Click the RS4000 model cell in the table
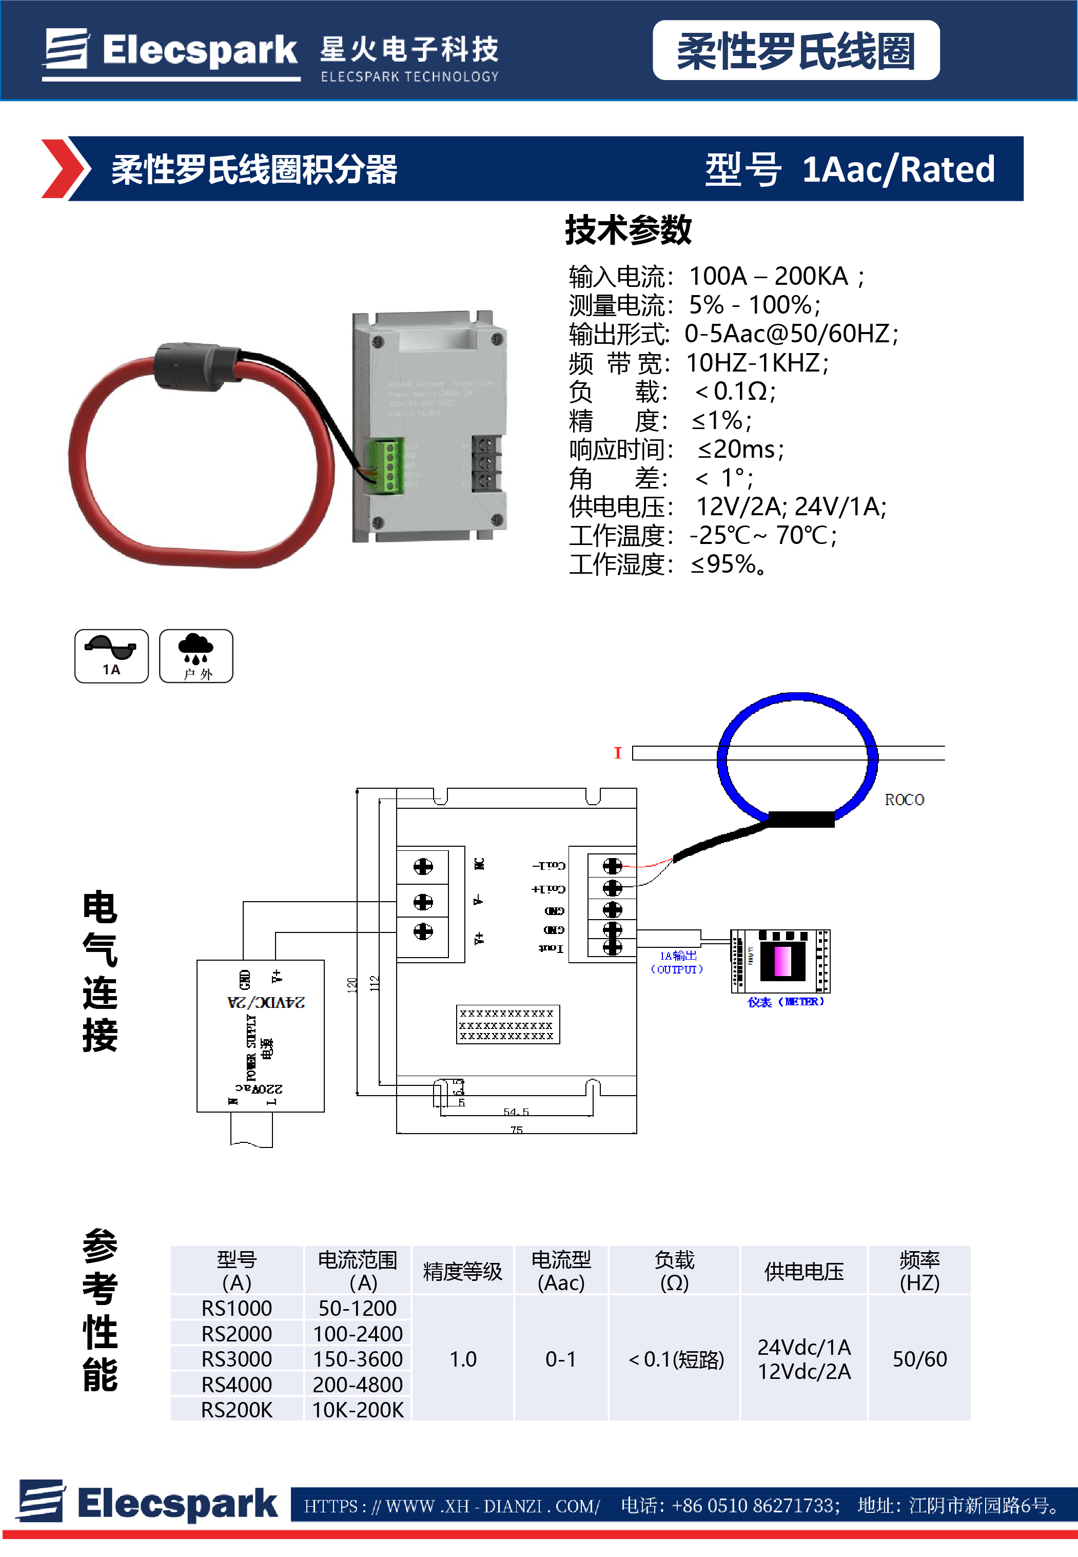point(237,1384)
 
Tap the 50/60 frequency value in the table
point(919,1358)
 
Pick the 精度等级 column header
point(463,1271)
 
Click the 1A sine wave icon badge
point(111,656)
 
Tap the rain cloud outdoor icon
point(196,656)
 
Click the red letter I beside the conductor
point(617,752)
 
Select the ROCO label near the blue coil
point(904,800)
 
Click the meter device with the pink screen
point(781,961)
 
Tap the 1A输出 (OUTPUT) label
point(677,962)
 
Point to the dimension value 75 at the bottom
point(517,1130)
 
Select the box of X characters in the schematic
point(507,1024)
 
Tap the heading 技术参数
point(628,230)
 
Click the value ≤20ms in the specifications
point(740,449)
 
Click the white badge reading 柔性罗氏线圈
point(796,51)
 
